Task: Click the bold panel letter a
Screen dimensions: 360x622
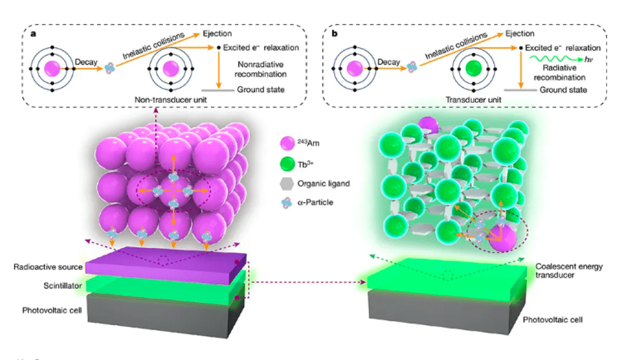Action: pyautogui.click(x=34, y=34)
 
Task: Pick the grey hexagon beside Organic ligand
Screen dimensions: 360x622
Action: pyautogui.click(x=288, y=183)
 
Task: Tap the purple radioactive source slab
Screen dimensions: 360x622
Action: pyautogui.click(x=166, y=265)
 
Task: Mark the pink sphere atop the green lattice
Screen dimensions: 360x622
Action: pyautogui.click(x=428, y=124)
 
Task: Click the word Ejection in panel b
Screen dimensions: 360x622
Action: pyautogui.click(x=519, y=34)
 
